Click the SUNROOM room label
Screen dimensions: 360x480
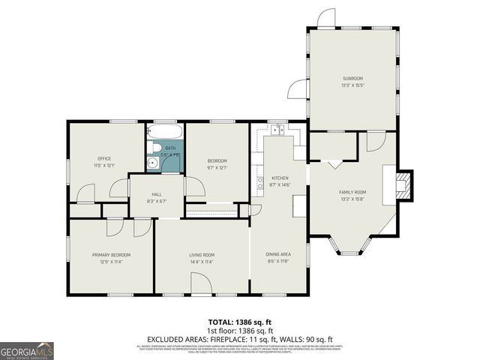coord(352,78)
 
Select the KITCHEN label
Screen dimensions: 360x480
coord(279,178)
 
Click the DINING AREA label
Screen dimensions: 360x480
coord(279,254)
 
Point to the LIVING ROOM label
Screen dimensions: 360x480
coord(201,255)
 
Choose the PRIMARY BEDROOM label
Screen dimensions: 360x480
coord(112,255)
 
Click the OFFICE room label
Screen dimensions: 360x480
coord(104,158)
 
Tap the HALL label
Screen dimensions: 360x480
coord(157,194)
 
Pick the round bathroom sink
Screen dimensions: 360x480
coord(152,161)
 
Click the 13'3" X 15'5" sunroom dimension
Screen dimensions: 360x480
coord(352,85)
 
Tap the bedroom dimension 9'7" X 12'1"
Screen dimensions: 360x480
coord(217,167)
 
